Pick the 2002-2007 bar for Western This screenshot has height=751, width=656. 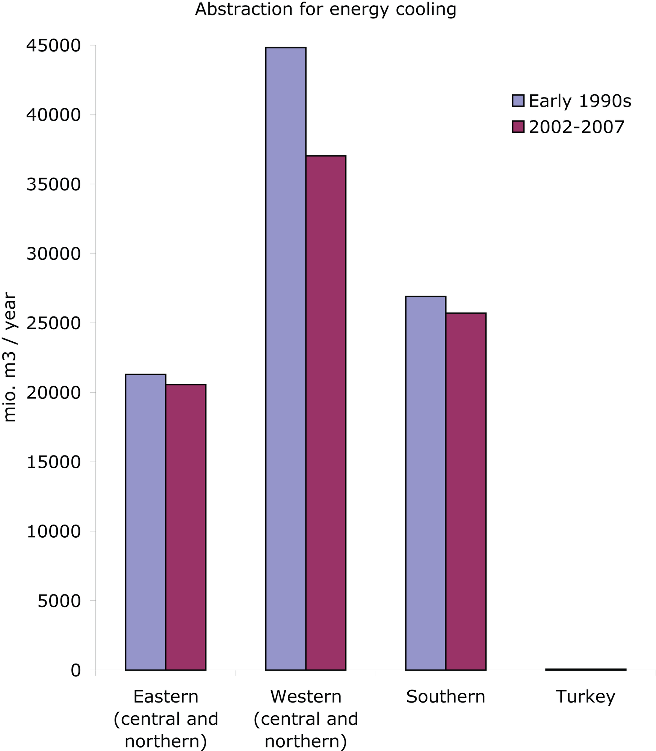(326, 413)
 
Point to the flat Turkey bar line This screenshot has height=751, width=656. (586, 669)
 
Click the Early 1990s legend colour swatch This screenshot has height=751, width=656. (518, 101)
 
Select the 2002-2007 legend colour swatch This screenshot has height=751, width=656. (518, 127)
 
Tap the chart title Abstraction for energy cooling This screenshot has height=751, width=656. (326, 9)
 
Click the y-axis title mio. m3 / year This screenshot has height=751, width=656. (10, 357)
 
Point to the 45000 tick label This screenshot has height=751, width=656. (53, 46)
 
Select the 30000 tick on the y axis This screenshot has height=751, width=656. (53, 254)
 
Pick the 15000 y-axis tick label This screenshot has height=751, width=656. (53, 462)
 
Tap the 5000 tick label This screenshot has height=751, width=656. (59, 601)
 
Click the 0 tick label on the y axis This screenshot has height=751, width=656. (76, 670)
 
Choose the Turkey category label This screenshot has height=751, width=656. (585, 697)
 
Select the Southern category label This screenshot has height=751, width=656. (446, 697)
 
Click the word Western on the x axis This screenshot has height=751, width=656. (306, 697)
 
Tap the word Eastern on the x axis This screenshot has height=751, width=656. (166, 697)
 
